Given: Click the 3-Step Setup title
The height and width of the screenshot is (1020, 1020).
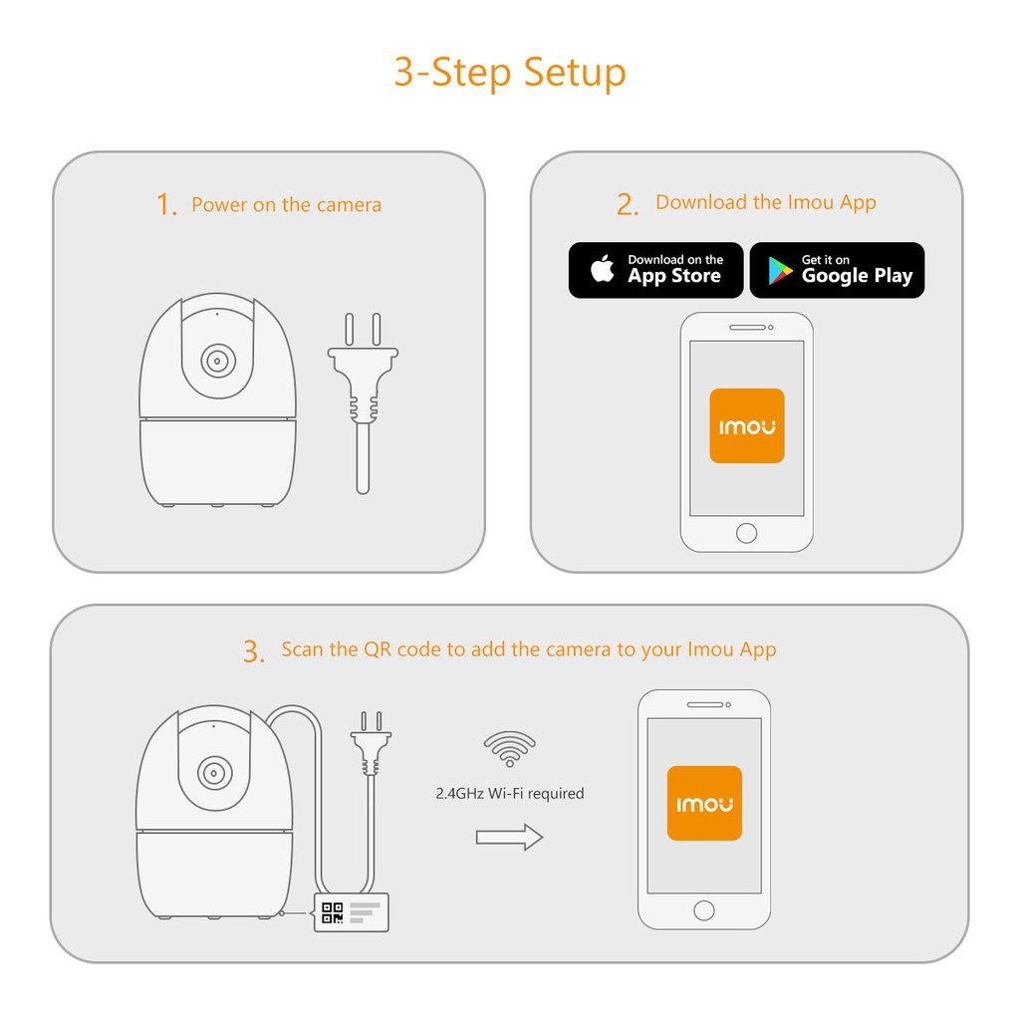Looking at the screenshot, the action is click(x=510, y=72).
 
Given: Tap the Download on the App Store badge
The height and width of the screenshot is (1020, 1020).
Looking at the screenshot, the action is click(x=655, y=270).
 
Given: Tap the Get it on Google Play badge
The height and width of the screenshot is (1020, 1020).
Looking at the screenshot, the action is click(x=837, y=270).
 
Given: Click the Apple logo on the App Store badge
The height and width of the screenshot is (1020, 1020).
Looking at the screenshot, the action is click(x=603, y=268).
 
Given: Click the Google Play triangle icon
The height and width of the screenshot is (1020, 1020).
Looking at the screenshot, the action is click(x=779, y=271).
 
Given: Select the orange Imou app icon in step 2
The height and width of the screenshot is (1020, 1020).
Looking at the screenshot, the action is click(x=747, y=426).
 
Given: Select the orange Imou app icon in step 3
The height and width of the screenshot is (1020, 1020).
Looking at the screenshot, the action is click(x=704, y=804).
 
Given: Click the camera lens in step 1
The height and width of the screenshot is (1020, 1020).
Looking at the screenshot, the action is click(x=218, y=361).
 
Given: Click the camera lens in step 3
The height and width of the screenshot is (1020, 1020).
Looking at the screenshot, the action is click(x=215, y=773).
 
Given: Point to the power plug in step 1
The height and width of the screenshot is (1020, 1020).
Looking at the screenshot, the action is click(x=363, y=403).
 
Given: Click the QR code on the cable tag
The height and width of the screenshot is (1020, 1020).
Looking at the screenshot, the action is click(x=333, y=912).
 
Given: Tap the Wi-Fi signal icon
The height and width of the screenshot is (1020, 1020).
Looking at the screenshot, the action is click(x=509, y=749).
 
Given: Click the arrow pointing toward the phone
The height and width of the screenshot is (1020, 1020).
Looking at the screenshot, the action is click(x=509, y=837).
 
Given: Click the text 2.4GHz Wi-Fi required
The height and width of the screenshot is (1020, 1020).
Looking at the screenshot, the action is click(x=510, y=794).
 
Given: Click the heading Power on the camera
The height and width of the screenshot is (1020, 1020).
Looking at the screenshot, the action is click(x=286, y=205).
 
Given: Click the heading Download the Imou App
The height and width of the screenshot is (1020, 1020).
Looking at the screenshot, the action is click(x=766, y=202).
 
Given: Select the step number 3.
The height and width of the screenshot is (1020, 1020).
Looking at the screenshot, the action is click(x=252, y=651).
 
